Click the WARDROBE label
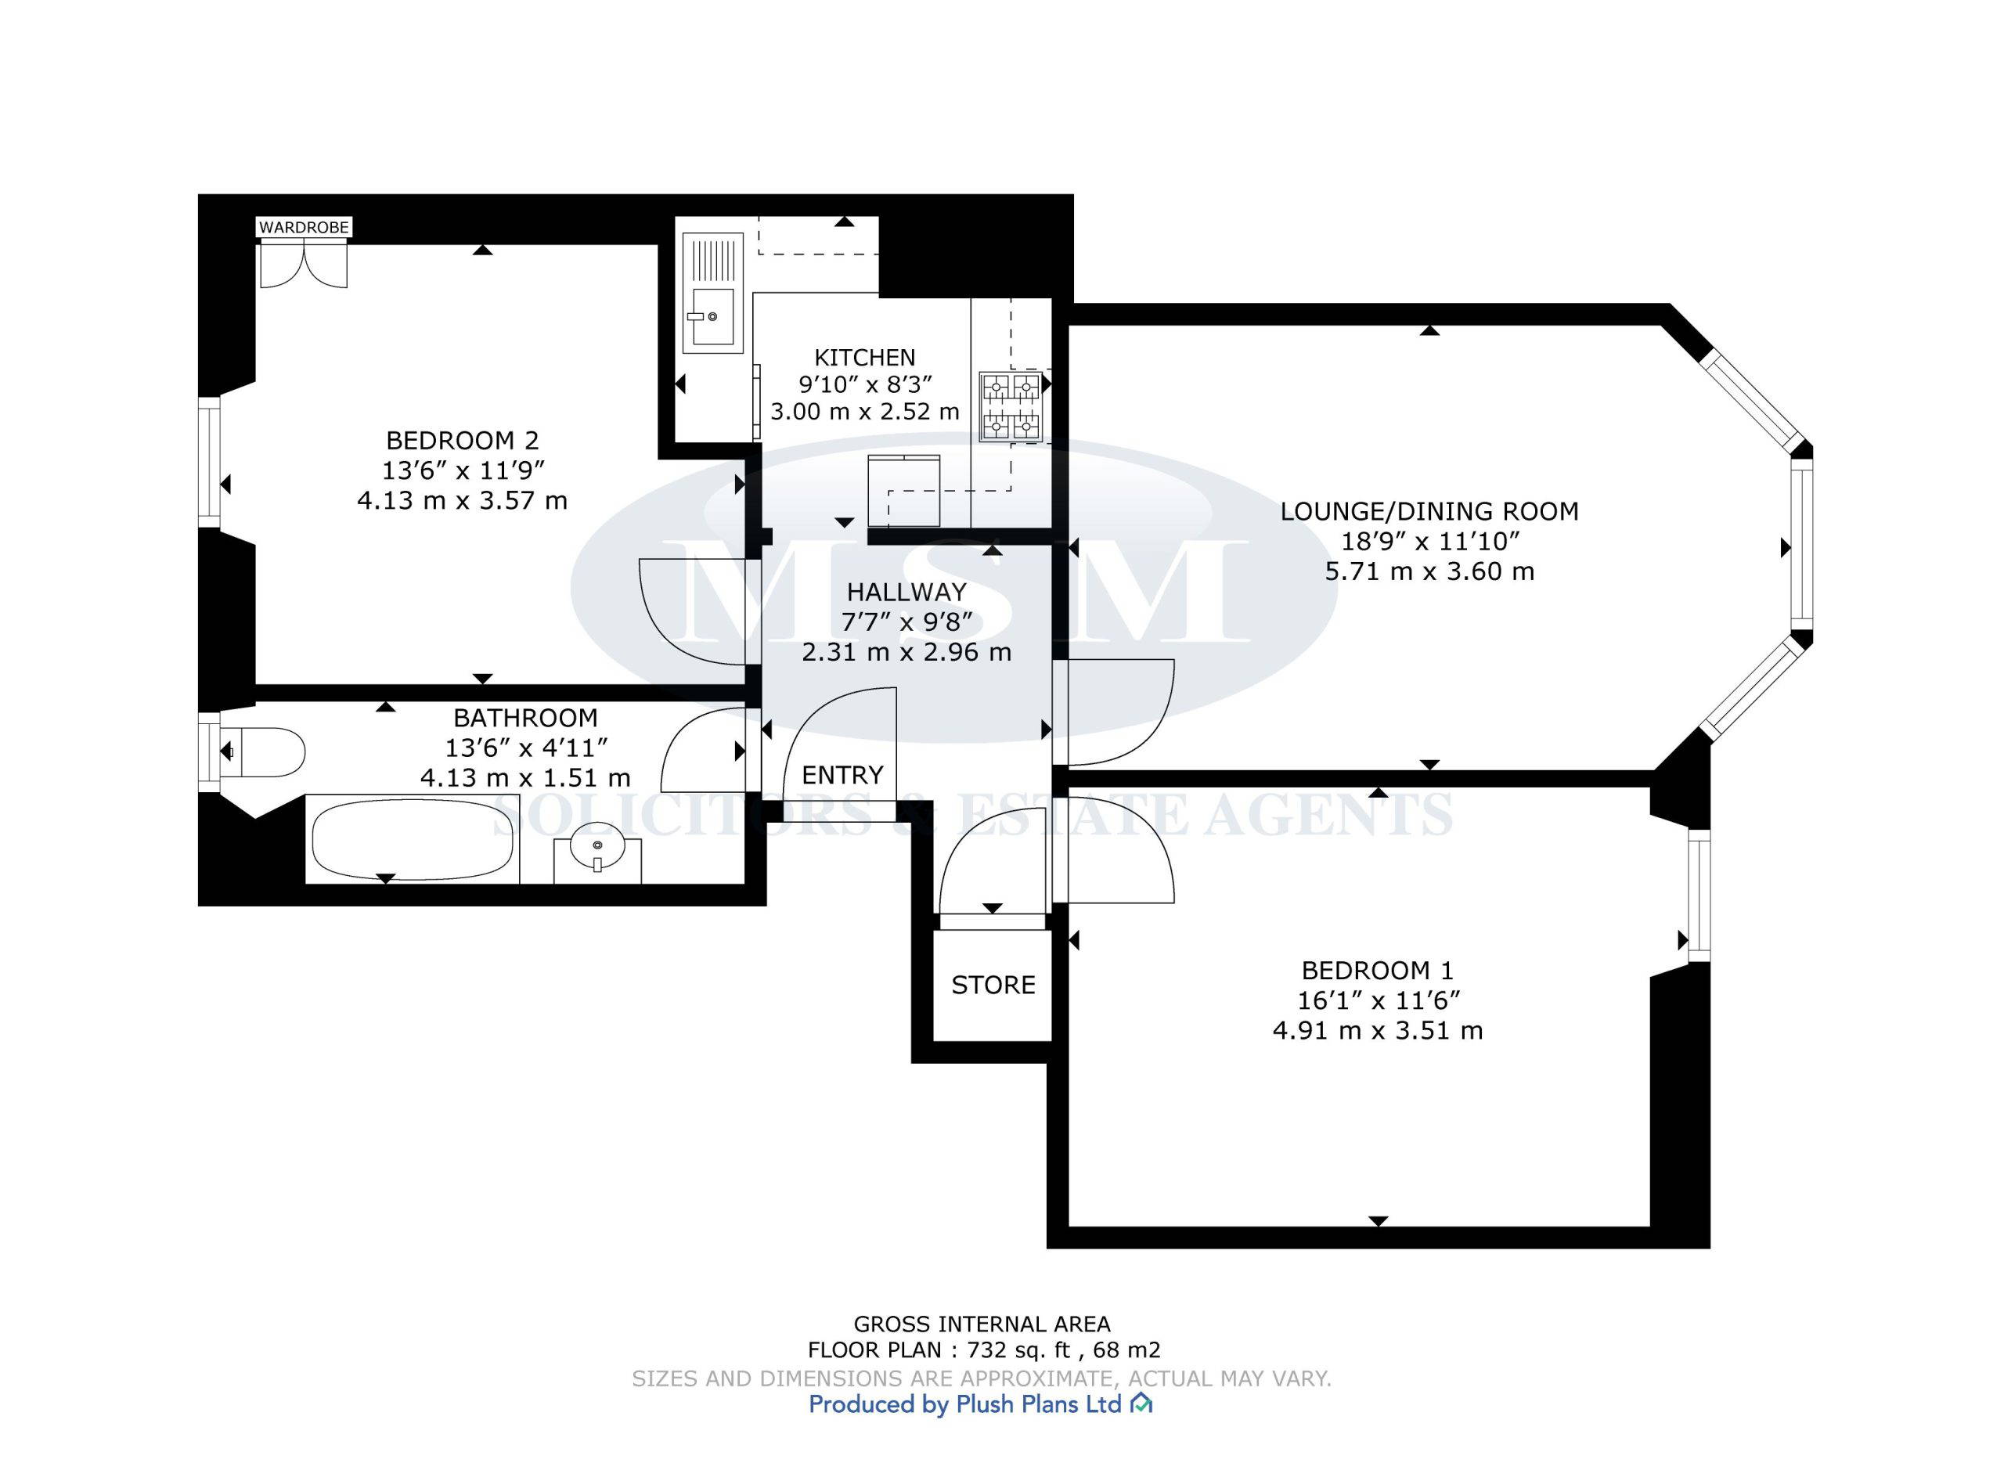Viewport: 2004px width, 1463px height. point(304,228)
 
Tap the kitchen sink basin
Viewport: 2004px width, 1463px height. point(713,316)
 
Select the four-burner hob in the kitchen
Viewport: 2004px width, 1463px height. point(1010,407)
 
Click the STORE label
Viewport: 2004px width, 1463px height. point(993,985)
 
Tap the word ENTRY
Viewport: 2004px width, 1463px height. point(842,775)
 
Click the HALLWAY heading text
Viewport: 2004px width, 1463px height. point(906,592)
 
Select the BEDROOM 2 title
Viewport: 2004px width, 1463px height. point(463,439)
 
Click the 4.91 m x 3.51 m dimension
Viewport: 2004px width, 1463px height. point(1377,1030)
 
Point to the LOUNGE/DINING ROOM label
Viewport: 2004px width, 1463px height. point(1429,511)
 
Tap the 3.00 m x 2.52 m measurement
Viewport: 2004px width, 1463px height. point(865,411)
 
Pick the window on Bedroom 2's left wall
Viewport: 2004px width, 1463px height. point(209,461)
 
